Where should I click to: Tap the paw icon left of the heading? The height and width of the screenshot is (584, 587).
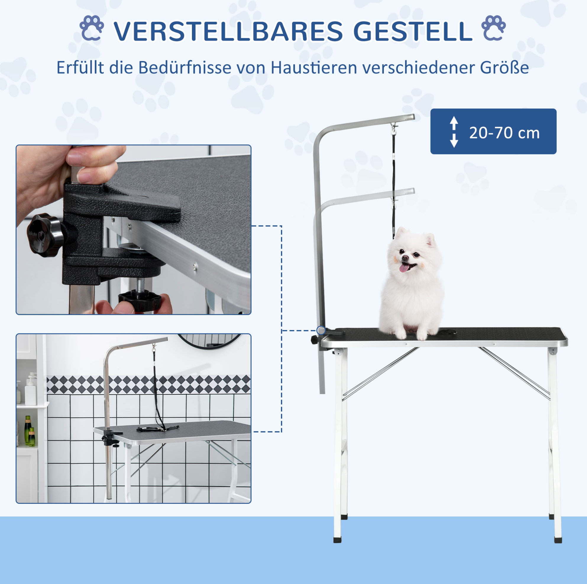click(x=91, y=28)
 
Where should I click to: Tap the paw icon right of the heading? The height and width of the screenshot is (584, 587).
click(x=494, y=28)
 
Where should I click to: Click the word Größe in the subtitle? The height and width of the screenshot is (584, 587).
click(x=504, y=67)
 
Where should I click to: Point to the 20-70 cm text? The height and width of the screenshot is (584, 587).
click(x=504, y=133)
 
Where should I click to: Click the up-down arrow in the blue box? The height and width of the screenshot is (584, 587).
click(x=454, y=132)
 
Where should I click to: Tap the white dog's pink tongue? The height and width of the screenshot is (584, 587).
click(x=404, y=267)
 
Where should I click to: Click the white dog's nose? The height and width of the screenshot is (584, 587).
click(x=405, y=258)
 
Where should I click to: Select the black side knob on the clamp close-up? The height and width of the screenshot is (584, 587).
click(x=45, y=235)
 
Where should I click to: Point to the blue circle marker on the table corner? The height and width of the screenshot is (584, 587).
click(x=321, y=330)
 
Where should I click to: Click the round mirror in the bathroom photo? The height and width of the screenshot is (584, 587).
click(x=209, y=341)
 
